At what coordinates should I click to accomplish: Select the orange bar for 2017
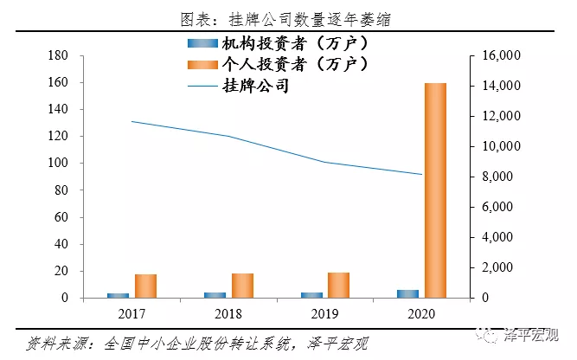click(145, 286)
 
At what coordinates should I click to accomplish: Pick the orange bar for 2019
click(338, 286)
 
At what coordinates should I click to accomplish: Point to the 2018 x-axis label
click(228, 312)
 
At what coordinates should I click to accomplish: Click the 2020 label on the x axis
click(421, 312)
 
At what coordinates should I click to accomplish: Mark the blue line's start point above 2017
click(131, 121)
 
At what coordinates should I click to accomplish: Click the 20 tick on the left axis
click(61, 272)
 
